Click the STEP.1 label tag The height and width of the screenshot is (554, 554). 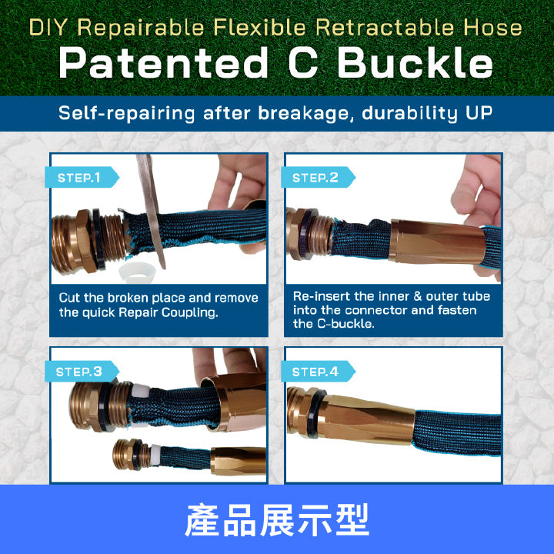point(82,177)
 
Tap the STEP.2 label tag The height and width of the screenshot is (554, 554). point(318,177)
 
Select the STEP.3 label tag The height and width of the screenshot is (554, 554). point(82,372)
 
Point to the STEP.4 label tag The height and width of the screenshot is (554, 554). point(318,372)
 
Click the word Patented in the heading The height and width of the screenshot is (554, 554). point(163,63)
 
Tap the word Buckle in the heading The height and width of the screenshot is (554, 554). point(415,62)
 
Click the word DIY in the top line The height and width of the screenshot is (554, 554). point(48,27)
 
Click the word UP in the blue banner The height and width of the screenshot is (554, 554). point(479,113)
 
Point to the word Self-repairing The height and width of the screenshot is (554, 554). point(126,113)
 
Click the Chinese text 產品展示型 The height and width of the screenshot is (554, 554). point(277,519)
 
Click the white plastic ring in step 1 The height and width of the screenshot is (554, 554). point(137,272)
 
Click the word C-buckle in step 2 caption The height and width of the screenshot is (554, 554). point(345,324)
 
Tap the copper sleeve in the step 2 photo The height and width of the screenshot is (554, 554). point(436,242)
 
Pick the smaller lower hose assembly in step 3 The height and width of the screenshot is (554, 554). point(189,459)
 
